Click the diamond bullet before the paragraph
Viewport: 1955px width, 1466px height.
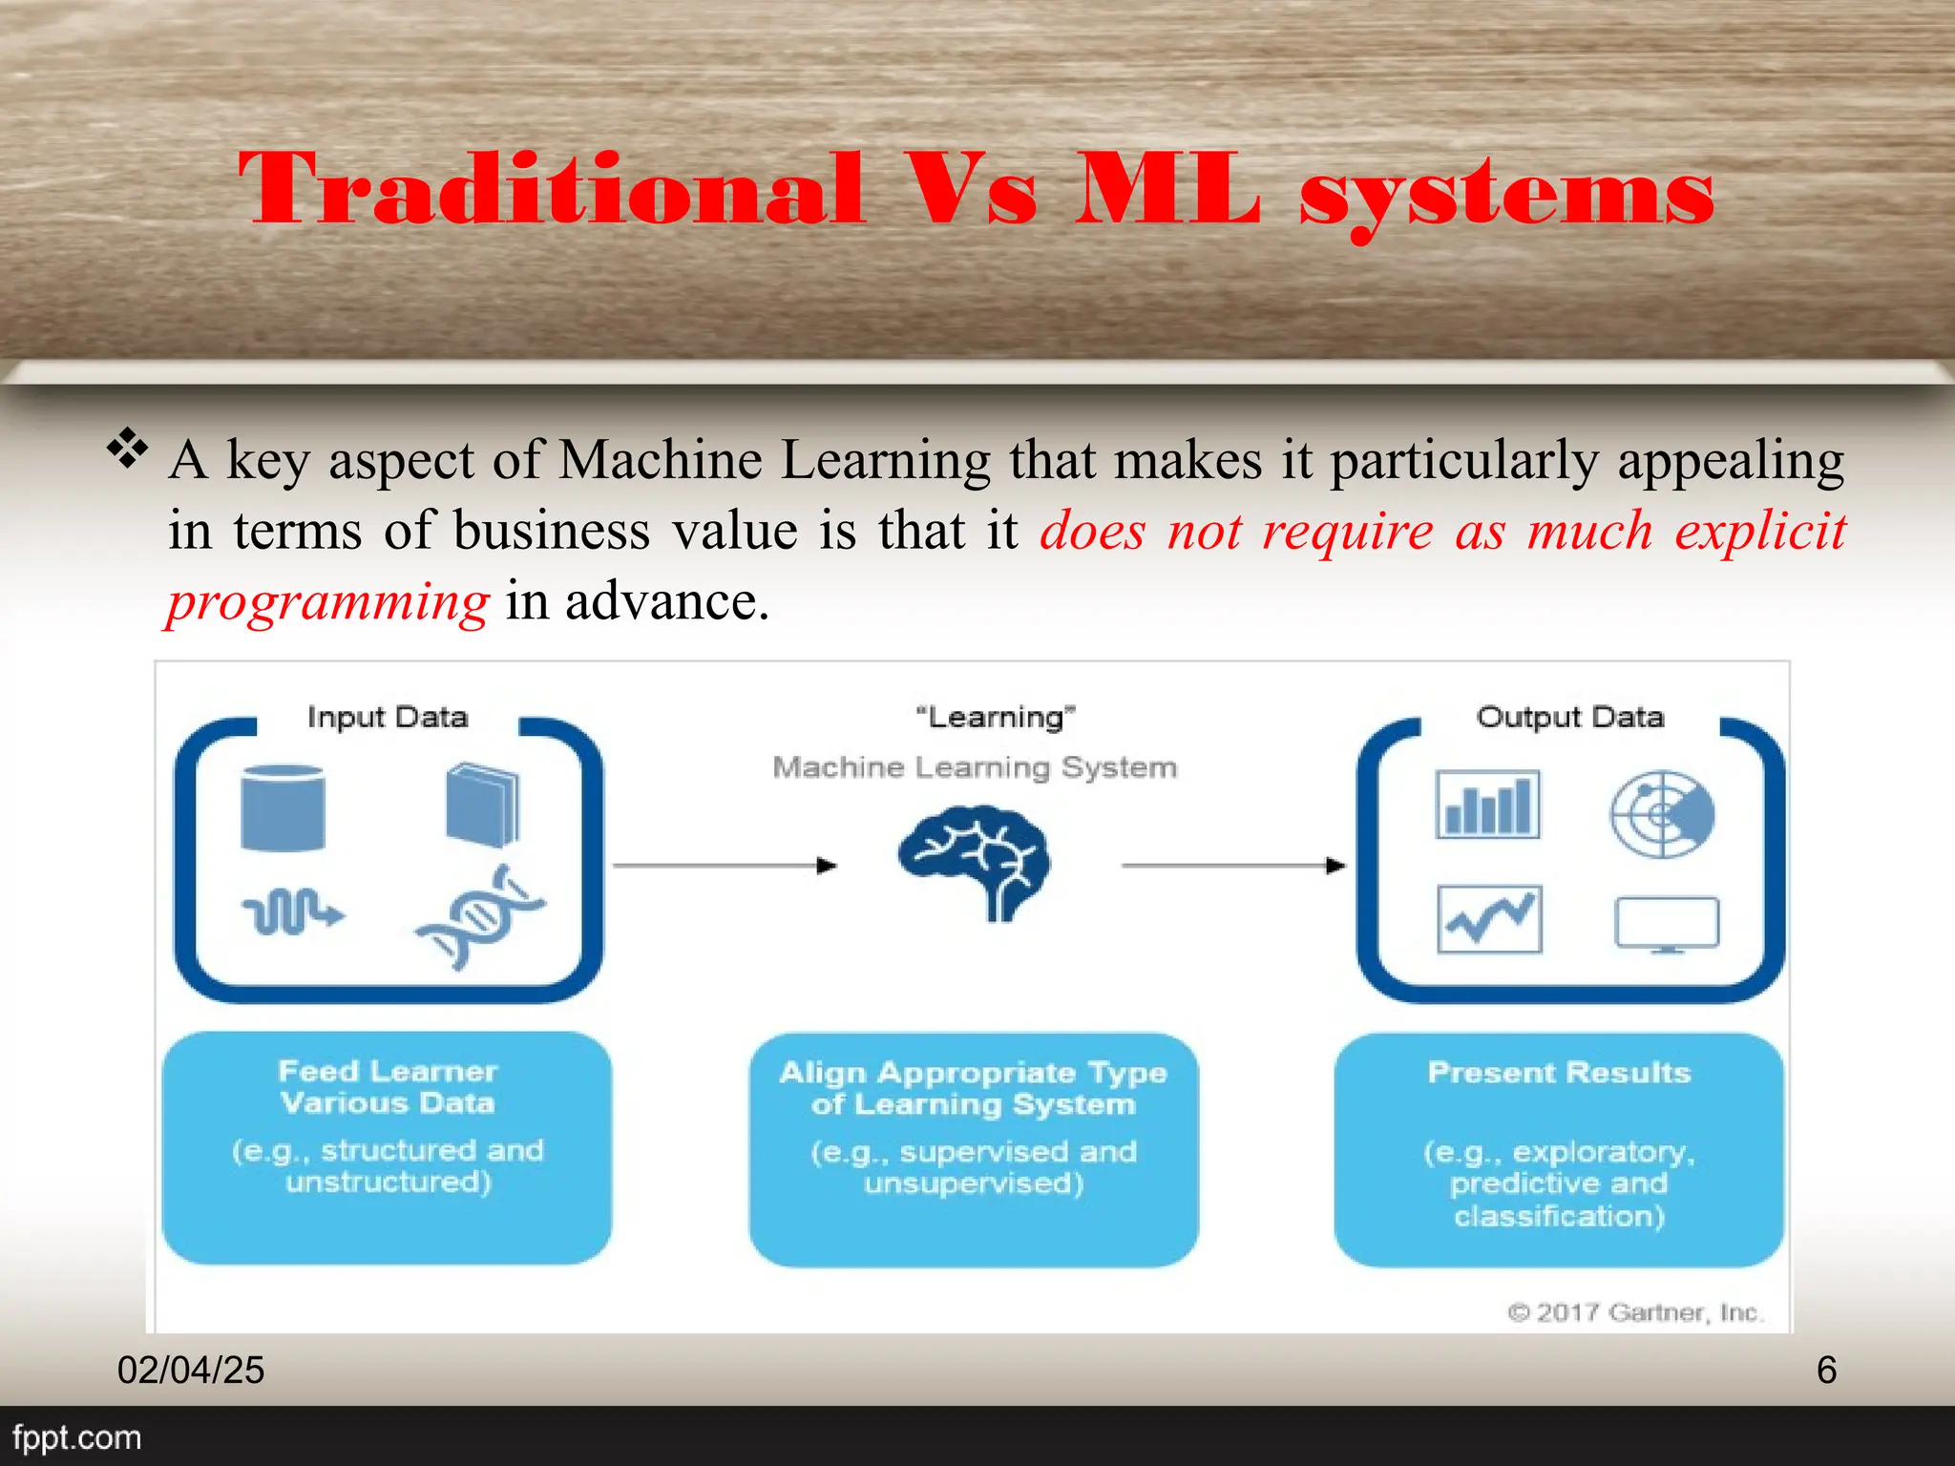tap(128, 449)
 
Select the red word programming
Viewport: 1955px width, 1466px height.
tap(328, 602)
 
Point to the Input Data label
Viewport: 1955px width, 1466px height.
tap(388, 717)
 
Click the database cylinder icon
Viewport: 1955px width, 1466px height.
tap(283, 807)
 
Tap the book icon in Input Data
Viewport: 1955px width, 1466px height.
tap(483, 805)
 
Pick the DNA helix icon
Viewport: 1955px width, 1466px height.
tap(480, 917)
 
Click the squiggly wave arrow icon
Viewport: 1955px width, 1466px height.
tap(292, 913)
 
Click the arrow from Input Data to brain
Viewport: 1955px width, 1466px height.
tap(725, 866)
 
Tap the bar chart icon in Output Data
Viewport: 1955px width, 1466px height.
tap(1487, 805)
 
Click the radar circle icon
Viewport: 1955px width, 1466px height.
tap(1662, 814)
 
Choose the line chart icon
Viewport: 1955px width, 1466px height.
tap(1489, 919)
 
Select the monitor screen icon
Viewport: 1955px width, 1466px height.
tap(1667, 923)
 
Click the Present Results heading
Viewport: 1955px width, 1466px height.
tap(1559, 1073)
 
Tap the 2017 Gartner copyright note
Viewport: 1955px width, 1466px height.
tap(1635, 1312)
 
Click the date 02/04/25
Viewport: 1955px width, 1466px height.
tap(191, 1371)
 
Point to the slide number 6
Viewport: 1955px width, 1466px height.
tap(1826, 1371)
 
